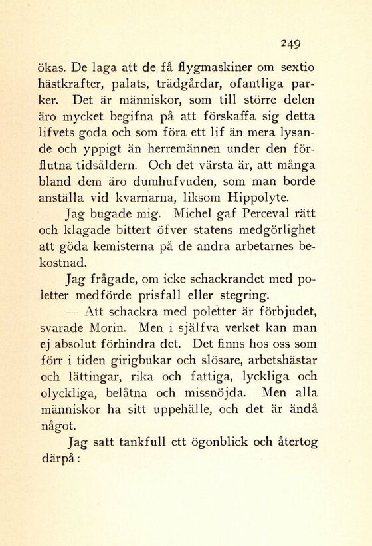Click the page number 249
tap(291, 43)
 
